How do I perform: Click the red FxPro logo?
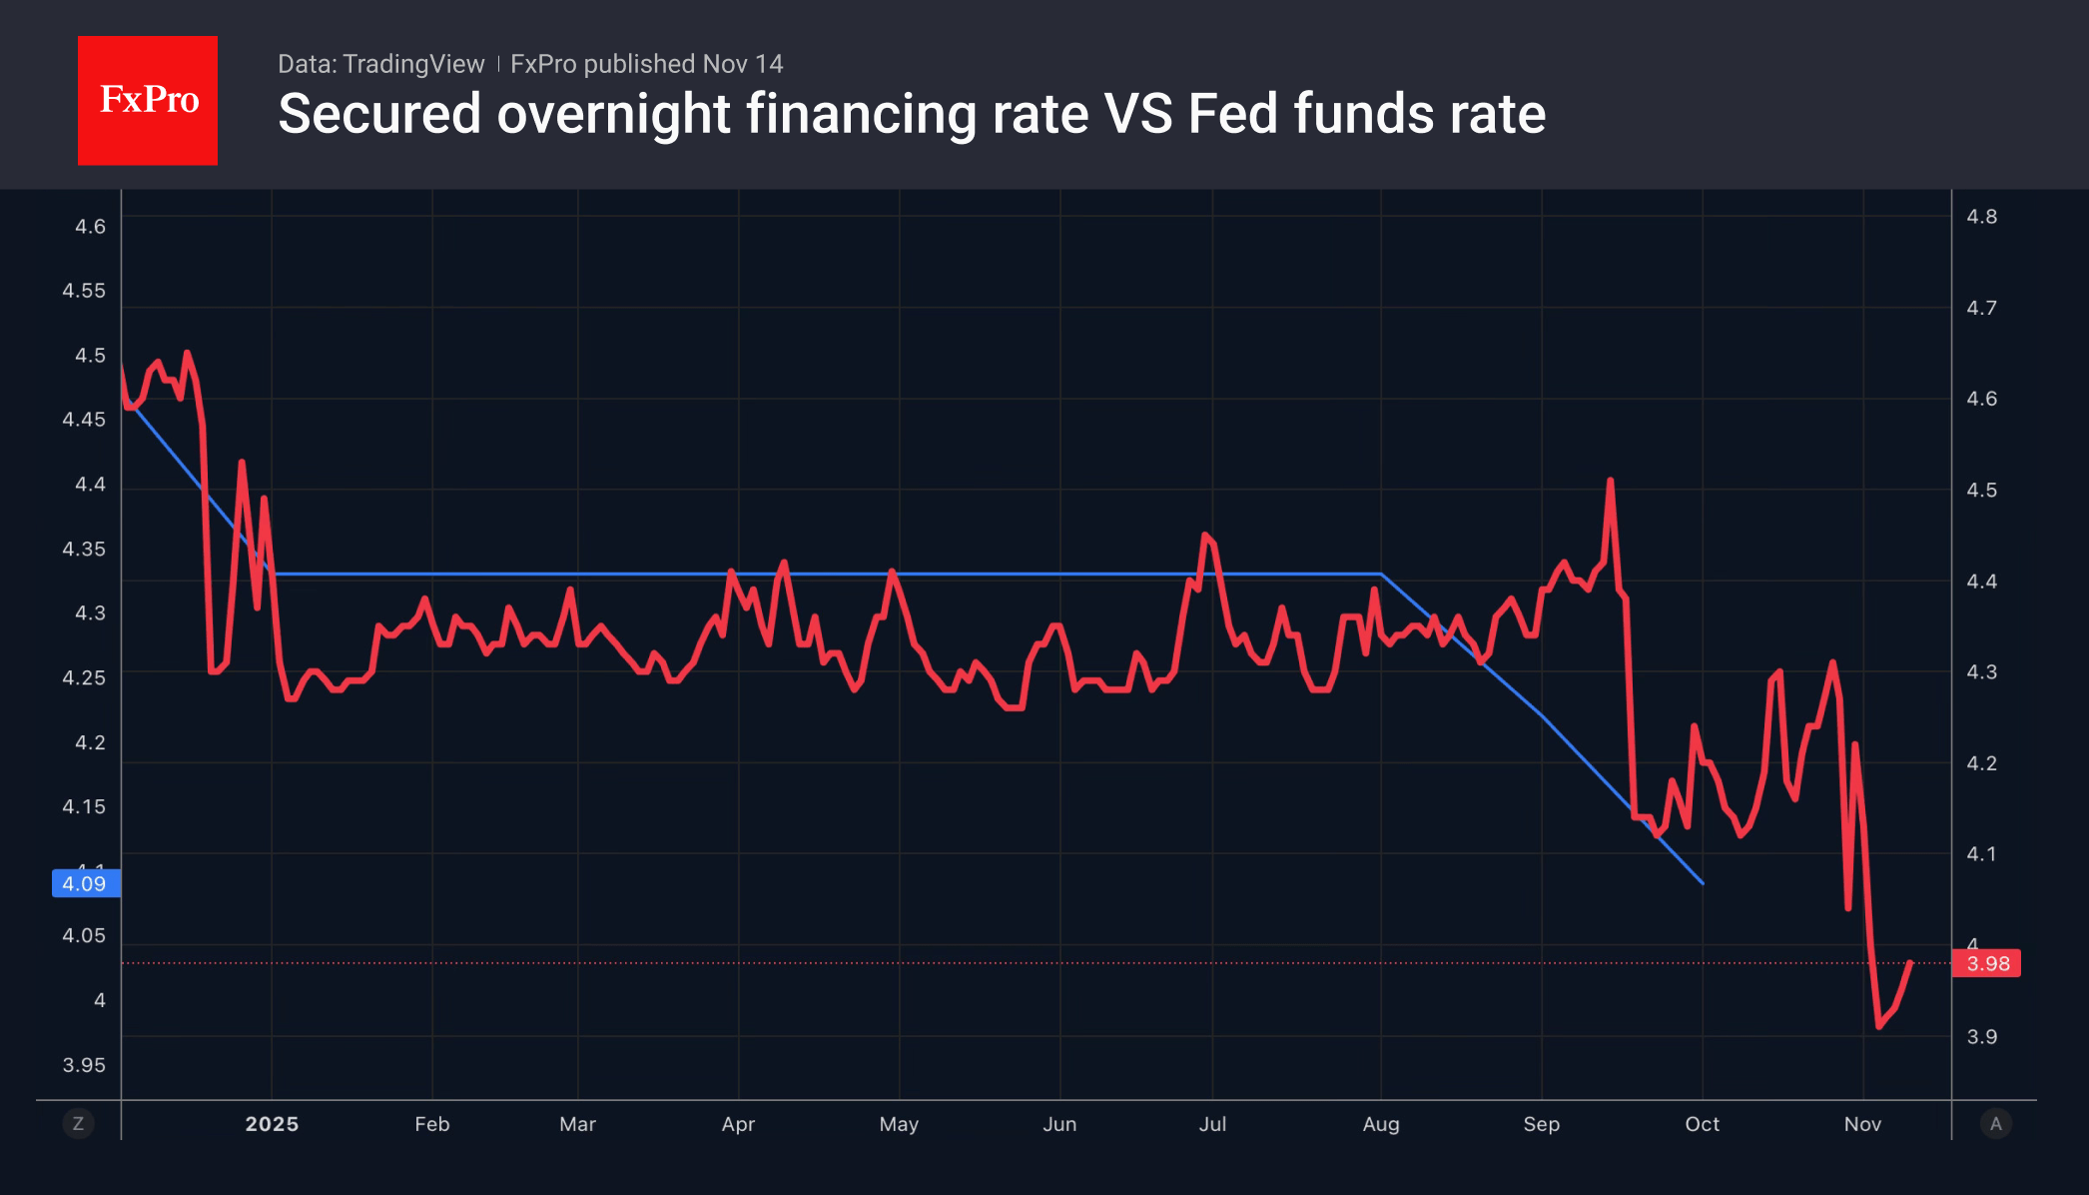click(148, 100)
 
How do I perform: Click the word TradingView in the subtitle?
click(412, 64)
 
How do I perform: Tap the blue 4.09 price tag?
click(86, 883)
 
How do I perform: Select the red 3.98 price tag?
click(1986, 963)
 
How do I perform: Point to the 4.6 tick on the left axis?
click(90, 227)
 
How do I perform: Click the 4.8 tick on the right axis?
click(1981, 217)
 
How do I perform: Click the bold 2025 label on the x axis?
click(272, 1124)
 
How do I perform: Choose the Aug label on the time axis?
click(1380, 1124)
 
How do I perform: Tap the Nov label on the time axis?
click(1862, 1124)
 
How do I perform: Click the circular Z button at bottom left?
click(78, 1124)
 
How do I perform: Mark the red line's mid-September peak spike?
click(1610, 481)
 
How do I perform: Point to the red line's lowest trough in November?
click(1878, 1026)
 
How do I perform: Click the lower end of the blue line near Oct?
click(1702, 882)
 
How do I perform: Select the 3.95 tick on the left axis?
click(84, 1065)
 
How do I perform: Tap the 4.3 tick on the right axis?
click(1981, 672)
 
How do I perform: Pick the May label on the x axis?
click(899, 1124)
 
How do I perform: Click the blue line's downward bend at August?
click(1381, 575)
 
